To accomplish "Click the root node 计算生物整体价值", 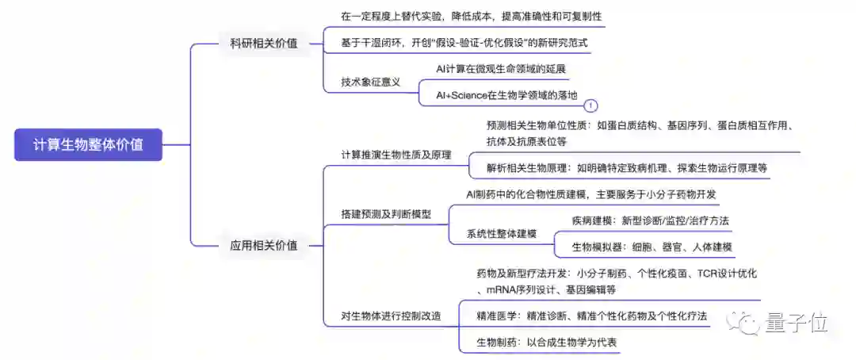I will pyautogui.click(x=88, y=144).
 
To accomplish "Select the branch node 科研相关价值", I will pyautogui.click(x=258, y=43).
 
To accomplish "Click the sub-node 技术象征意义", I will pyautogui.click(x=370, y=82).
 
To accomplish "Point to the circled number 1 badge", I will pyautogui.click(x=590, y=105).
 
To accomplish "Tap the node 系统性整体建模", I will pyautogui.click(x=501, y=233).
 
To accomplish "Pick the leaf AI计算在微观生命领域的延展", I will pyautogui.click(x=501, y=69).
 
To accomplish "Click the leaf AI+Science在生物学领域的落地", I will pyautogui.click(x=506, y=95).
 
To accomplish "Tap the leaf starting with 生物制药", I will pyautogui.click(x=546, y=342).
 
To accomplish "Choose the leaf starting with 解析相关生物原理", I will pyautogui.click(x=627, y=168).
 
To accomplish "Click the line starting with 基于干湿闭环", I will pyautogui.click(x=464, y=42).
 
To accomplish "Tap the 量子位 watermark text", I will pyautogui.click(x=797, y=323).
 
